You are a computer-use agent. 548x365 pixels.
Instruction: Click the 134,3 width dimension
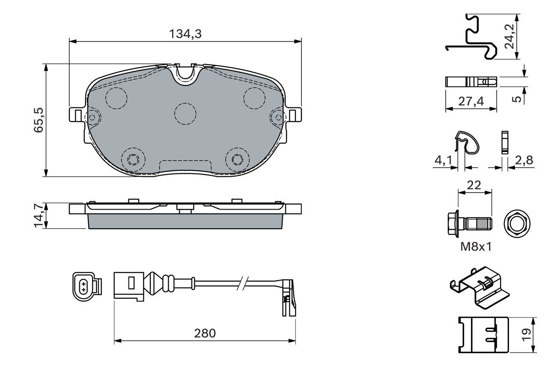click(185, 34)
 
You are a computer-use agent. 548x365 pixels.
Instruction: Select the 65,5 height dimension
click(39, 120)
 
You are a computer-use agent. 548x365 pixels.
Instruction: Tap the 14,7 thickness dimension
click(39, 215)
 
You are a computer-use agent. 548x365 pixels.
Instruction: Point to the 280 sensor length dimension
click(205, 333)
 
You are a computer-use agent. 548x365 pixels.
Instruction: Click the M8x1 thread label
click(476, 247)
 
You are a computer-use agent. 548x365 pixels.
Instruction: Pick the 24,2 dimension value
click(510, 36)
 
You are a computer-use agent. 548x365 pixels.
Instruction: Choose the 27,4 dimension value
click(471, 101)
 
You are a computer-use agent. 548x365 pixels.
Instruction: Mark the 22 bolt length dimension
click(474, 185)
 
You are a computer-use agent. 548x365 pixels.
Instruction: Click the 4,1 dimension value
click(443, 160)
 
